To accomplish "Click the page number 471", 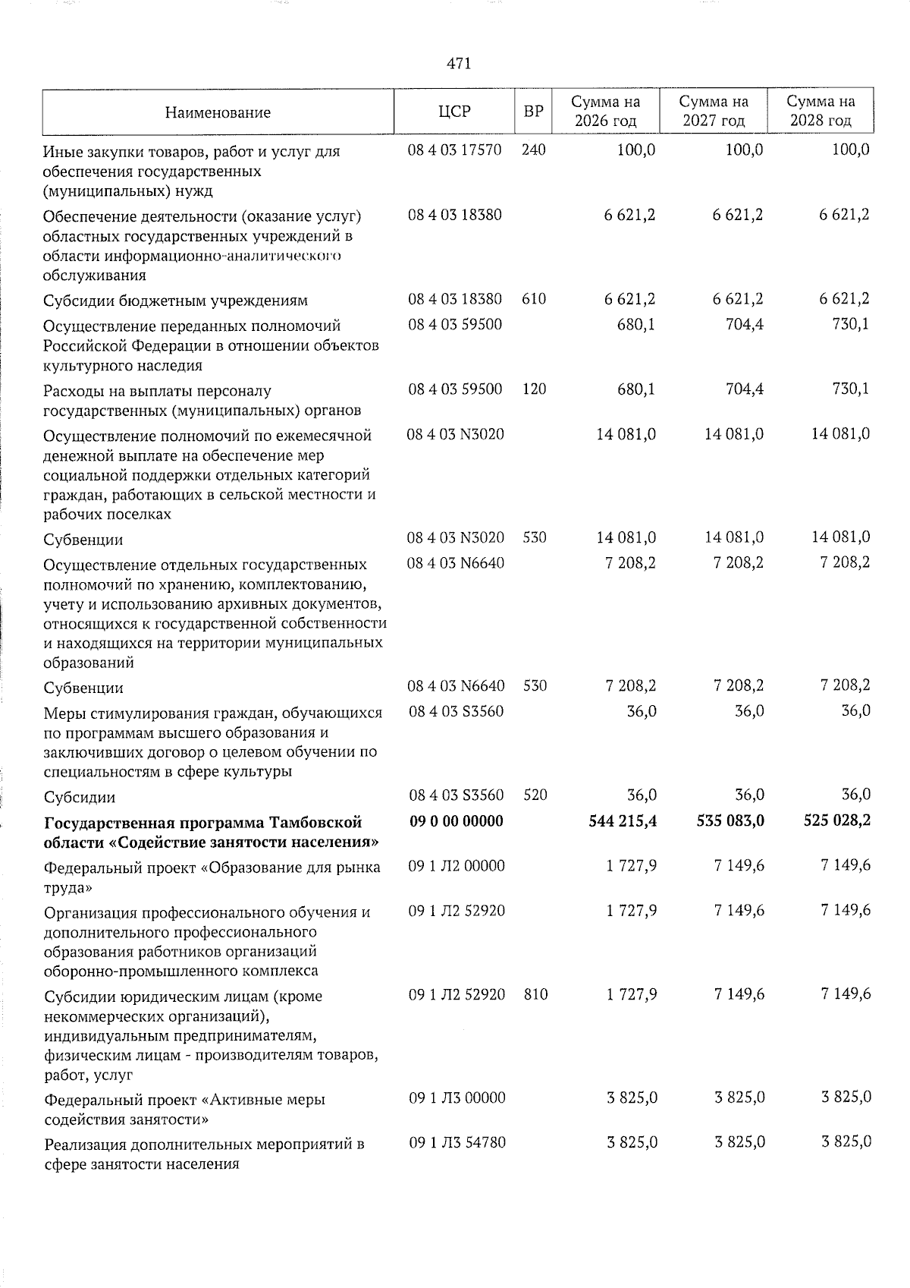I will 459,64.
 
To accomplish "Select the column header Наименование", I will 218,113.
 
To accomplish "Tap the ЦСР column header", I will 454,112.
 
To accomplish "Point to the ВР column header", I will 533,112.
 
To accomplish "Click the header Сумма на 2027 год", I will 713,112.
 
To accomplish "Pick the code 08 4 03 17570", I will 454,150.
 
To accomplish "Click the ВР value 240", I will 534,150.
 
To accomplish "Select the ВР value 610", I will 534,299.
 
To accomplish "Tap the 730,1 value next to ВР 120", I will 850,389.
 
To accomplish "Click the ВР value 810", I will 535,994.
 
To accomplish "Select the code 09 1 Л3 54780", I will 457,1142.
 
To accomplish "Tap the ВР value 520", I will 535,795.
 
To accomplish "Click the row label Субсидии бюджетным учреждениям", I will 175,301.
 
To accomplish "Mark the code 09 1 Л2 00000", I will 457,865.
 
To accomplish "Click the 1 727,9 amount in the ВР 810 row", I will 631,994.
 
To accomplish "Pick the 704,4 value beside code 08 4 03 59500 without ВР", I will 742,325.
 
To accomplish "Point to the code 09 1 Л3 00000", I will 457,1097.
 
